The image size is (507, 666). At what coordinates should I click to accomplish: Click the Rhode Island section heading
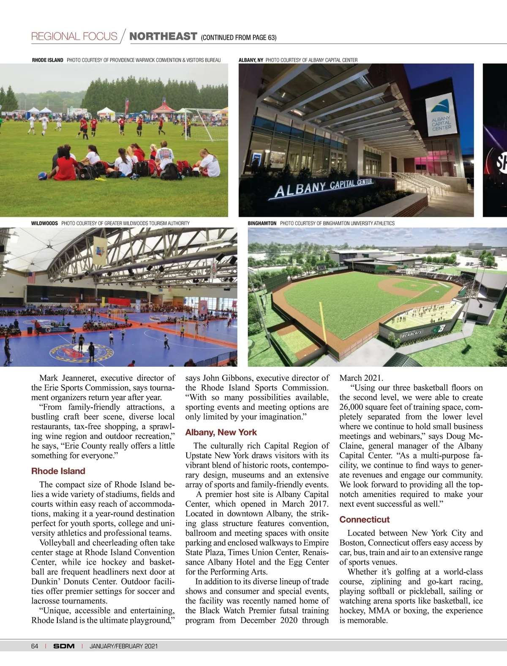[x=58, y=471]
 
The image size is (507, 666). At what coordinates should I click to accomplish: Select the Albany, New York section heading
[x=221, y=432]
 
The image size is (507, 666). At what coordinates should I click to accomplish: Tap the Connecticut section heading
[x=364, y=519]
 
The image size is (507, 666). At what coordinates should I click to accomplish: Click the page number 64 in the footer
[x=35, y=646]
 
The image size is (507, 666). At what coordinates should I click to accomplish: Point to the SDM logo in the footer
[x=64, y=646]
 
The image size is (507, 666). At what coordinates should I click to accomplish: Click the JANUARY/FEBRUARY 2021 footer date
[x=123, y=646]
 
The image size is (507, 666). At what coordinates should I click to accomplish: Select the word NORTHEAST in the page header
[x=163, y=36]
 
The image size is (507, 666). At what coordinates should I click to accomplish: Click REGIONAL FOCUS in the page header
[x=74, y=36]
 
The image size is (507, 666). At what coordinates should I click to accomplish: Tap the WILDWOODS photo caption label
[x=44, y=223]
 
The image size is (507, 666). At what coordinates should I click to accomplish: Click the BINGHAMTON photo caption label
[x=262, y=223]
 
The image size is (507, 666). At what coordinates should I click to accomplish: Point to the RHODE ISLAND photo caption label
[x=47, y=60]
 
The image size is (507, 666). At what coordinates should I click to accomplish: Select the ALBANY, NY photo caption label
[x=251, y=60]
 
